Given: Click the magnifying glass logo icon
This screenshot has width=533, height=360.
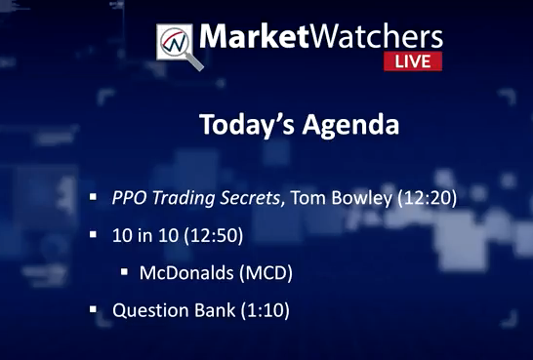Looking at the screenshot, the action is point(179,46).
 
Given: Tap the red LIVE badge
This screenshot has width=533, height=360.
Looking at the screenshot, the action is point(413,61).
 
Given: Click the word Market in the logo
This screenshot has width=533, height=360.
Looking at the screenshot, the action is point(254,36).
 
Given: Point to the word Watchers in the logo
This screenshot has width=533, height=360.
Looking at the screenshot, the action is point(376,36).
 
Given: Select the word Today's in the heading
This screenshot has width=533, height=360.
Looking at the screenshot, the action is point(247,124).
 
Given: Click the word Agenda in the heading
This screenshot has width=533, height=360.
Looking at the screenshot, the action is point(350,125).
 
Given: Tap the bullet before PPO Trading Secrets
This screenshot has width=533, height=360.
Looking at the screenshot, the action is point(93,197).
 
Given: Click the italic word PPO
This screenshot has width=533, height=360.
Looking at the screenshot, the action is point(130,198).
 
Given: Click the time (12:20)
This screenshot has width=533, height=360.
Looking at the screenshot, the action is point(428,198).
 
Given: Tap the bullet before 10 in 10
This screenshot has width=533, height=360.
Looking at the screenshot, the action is point(93,234).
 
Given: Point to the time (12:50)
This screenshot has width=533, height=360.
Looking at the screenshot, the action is point(214,236).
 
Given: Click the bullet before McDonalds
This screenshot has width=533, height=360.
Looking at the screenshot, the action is point(124,271).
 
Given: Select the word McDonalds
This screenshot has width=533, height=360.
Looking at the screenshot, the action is point(186,273).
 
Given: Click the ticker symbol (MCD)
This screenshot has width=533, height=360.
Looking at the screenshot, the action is point(266,273).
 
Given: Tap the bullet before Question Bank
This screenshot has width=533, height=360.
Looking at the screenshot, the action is point(93,309).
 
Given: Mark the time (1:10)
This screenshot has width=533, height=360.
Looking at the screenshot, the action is point(266,311).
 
